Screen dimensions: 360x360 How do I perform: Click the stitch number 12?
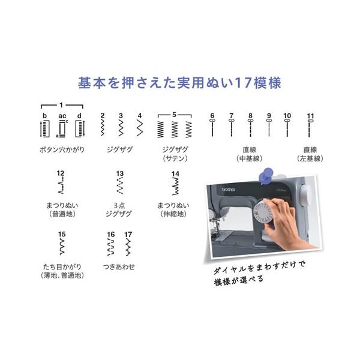click(x=61, y=173)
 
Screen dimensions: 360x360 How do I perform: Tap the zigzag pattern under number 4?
click(x=140, y=128)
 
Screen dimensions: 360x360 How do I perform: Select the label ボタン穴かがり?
click(x=62, y=150)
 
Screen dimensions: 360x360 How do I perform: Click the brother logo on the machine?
click(x=229, y=190)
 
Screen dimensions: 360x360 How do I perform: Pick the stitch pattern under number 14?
click(x=175, y=186)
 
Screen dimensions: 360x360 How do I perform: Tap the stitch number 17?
click(x=128, y=235)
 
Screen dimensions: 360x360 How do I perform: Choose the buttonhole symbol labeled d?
click(x=80, y=129)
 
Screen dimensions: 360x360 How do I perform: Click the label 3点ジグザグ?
click(x=119, y=209)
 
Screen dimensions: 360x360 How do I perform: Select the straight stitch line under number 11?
click(x=309, y=128)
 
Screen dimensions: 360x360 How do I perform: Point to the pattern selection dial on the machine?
click(x=263, y=212)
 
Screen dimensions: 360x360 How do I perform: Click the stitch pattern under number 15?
click(x=62, y=247)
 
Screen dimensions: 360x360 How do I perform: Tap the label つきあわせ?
click(x=119, y=267)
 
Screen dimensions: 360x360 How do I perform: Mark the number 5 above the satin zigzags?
click(x=174, y=115)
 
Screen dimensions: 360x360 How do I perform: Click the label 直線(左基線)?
click(x=310, y=154)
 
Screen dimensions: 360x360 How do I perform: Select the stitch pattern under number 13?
click(x=119, y=185)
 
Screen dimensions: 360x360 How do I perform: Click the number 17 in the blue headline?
click(x=243, y=83)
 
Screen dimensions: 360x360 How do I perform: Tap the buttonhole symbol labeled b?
click(x=45, y=129)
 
